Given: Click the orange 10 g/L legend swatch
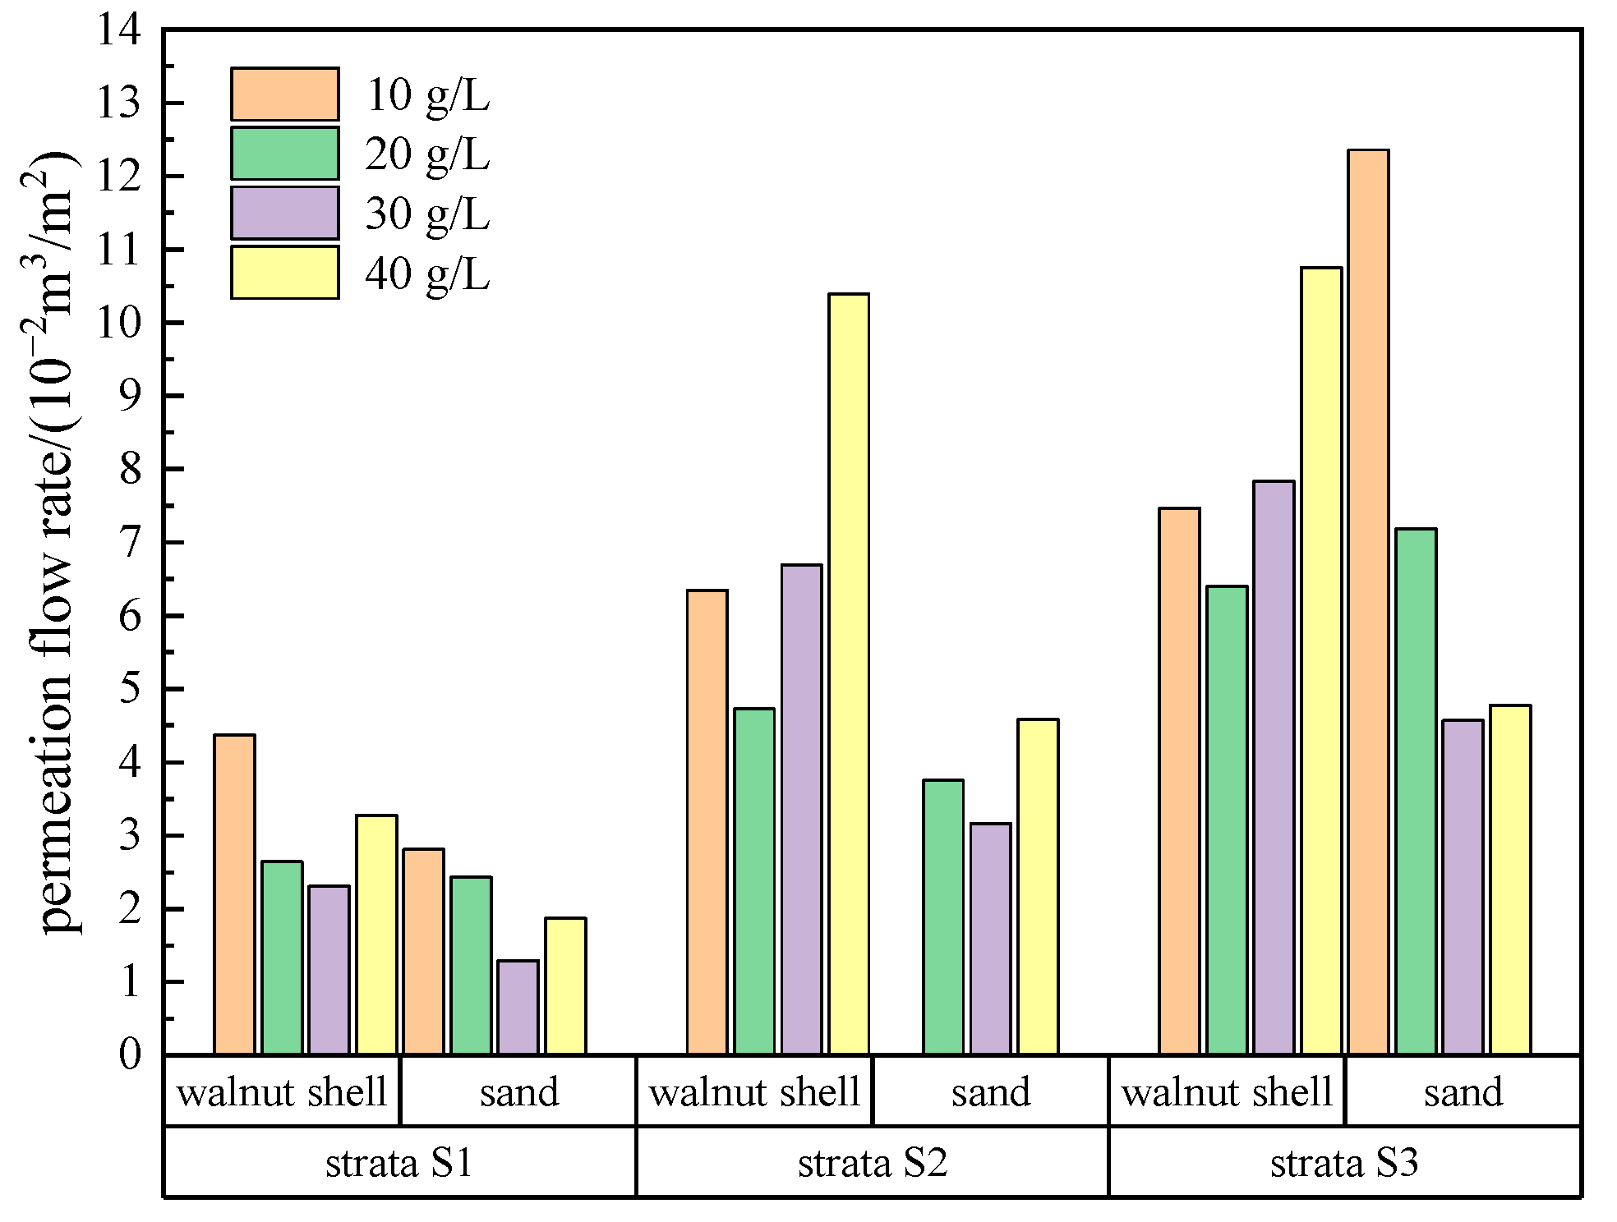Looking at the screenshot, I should tap(284, 94).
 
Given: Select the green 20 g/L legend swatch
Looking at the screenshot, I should tap(284, 154).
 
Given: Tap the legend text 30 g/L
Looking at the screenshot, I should tap(427, 214).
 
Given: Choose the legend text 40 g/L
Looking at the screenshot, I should tap(427, 273).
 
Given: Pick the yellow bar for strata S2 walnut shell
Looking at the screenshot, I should tap(849, 673).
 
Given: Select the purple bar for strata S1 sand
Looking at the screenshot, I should tap(518, 1007).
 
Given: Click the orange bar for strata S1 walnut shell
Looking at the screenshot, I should tap(235, 894).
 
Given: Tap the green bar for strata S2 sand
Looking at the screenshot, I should tap(943, 916).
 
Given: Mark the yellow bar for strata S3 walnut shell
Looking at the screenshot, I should tap(1321, 660).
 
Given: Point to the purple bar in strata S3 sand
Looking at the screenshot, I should tap(1463, 887).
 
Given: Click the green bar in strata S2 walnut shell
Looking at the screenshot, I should tap(754, 881).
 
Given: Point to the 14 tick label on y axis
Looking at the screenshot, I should tap(119, 31).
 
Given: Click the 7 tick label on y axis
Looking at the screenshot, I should tap(130, 543).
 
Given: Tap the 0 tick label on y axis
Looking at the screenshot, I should tap(130, 1054).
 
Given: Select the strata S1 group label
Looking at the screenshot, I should tap(399, 1163).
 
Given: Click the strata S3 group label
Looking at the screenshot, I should tap(1344, 1163).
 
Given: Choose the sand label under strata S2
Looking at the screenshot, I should tap(991, 1092).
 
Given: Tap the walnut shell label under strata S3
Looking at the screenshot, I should tap(1227, 1092).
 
